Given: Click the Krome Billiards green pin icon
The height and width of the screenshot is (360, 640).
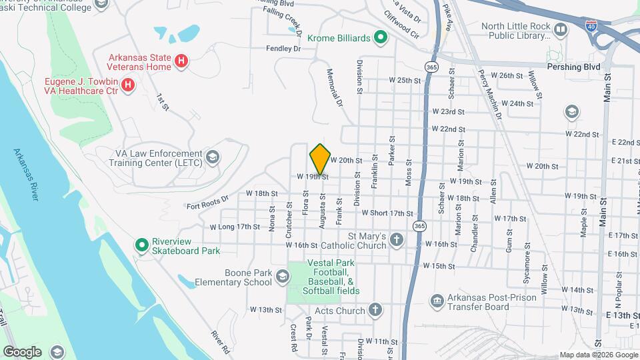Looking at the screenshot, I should (381, 38).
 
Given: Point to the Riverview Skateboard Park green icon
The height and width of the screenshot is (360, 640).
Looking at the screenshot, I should (141, 245).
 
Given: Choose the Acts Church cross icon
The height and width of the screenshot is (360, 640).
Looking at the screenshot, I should (375, 310).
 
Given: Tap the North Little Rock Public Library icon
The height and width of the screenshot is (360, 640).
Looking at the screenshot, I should (561, 30).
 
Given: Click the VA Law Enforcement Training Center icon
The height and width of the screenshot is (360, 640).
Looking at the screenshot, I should (213, 157).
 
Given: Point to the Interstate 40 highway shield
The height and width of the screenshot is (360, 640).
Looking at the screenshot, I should (591, 25).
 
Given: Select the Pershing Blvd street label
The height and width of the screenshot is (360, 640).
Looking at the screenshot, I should (573, 67).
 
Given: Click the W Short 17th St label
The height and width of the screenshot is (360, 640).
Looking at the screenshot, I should (388, 213).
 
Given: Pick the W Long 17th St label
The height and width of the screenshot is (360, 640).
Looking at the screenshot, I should (235, 227).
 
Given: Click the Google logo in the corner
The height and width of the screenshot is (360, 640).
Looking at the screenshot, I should (23, 351).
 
